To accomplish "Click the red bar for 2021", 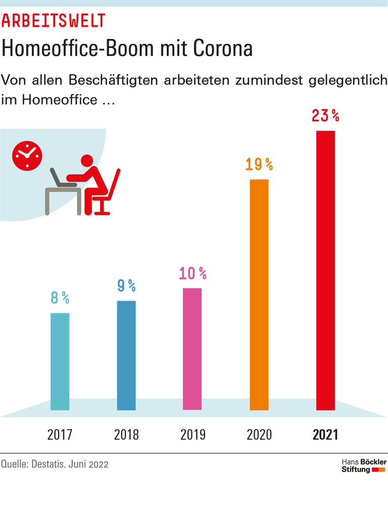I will pos(325,270).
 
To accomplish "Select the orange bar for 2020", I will pos(259,295).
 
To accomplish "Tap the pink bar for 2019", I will pos(192,349).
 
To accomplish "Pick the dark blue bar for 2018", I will pos(126,355).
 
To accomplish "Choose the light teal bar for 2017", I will pos(60,361).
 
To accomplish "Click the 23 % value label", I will pos(325,116).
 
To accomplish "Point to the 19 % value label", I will pos(259,164).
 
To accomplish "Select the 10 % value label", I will pos(192,273).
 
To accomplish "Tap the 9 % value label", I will pos(126,286).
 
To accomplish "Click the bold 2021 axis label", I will pos(325,435).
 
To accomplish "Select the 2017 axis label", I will pos(60,435).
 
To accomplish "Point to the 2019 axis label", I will pos(192,435).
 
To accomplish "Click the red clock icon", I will pos(27,156).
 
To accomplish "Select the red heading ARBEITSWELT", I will pos(54,21).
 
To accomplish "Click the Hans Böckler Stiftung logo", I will pos(364,466).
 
